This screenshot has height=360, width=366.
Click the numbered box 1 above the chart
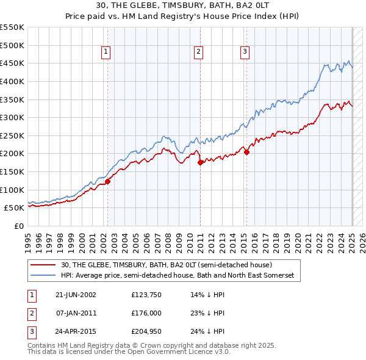106,52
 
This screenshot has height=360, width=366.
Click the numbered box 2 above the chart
199,52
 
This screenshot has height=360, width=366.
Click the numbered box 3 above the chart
245,52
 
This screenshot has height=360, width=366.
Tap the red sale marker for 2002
107,181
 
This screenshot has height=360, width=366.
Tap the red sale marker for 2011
200,162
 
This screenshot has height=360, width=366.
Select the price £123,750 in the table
145,295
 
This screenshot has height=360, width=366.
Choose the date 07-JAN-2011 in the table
76,314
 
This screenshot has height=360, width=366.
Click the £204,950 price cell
145,333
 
